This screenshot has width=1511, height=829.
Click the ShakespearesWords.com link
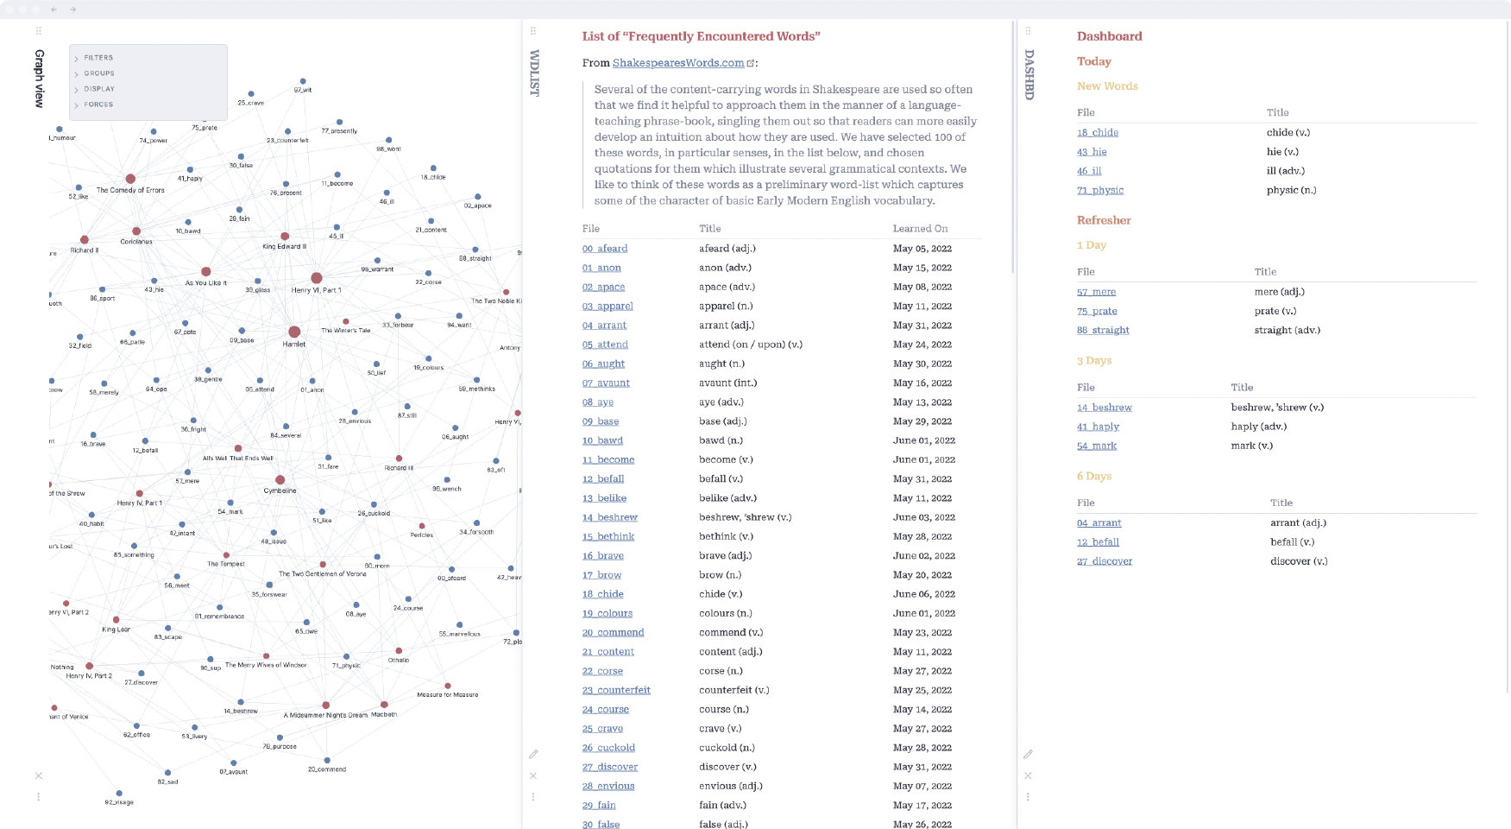point(677,63)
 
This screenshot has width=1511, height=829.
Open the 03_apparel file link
point(608,307)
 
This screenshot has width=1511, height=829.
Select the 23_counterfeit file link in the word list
point(616,691)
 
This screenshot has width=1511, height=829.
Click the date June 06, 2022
point(922,594)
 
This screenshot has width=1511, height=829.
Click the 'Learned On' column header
point(920,229)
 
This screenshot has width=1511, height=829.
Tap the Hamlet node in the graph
point(294,332)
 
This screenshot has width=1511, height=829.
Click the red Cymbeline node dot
point(280,480)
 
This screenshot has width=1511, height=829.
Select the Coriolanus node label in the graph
point(136,242)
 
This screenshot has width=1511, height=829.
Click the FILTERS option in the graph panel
point(98,58)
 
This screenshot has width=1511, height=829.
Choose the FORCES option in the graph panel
point(98,104)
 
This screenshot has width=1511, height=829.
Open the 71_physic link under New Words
point(1100,191)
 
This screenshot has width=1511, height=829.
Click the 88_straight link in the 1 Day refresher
point(1103,331)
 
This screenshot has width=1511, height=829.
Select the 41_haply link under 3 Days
point(1098,427)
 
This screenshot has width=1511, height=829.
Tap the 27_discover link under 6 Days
point(1105,561)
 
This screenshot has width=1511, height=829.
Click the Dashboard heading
point(1109,36)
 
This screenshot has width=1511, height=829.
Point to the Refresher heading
point(1104,220)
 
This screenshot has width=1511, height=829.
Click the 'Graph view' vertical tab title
point(39,78)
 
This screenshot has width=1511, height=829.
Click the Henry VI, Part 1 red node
point(317,278)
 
